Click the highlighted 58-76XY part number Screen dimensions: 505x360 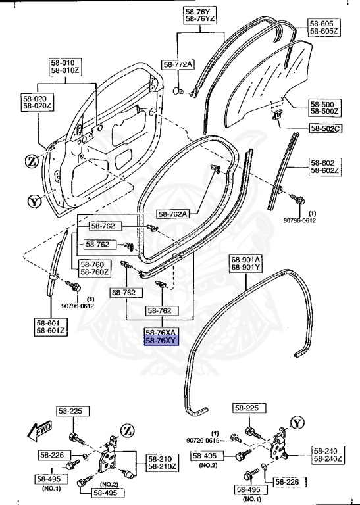(x=161, y=341)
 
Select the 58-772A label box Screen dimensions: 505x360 (x=178, y=64)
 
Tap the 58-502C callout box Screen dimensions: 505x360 (x=324, y=128)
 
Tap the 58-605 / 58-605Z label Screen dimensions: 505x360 (x=323, y=28)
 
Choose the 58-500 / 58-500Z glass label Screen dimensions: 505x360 (x=324, y=108)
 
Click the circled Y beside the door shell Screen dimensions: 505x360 (x=34, y=202)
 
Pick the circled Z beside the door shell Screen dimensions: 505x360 (x=31, y=160)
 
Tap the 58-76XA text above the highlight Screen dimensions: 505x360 (x=161, y=333)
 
